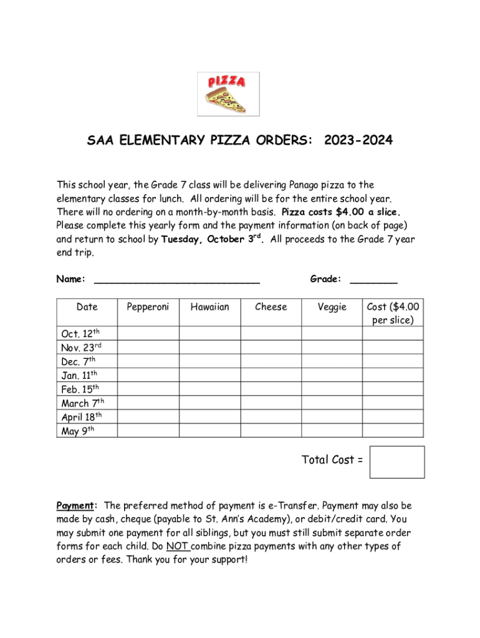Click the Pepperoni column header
(148, 307)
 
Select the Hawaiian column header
(209, 307)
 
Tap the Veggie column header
(332, 307)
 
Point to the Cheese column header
(271, 307)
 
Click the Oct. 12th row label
(80, 334)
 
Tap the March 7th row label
(83, 403)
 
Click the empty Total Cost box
(396, 462)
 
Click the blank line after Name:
(176, 281)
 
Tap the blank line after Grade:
(373, 281)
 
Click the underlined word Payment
(75, 505)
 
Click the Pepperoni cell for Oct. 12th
(148, 333)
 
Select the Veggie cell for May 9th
(332, 431)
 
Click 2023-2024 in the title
(358, 141)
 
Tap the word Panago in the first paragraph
(305, 184)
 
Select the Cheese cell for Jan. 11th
(271, 375)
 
